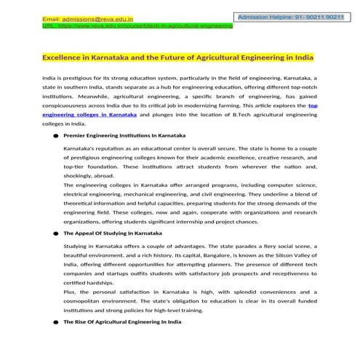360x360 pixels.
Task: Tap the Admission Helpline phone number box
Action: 290,15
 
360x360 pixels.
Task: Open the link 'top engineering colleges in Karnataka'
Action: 90,115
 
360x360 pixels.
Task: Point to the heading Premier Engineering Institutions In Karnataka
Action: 124,136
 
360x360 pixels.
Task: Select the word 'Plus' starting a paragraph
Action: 71,290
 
